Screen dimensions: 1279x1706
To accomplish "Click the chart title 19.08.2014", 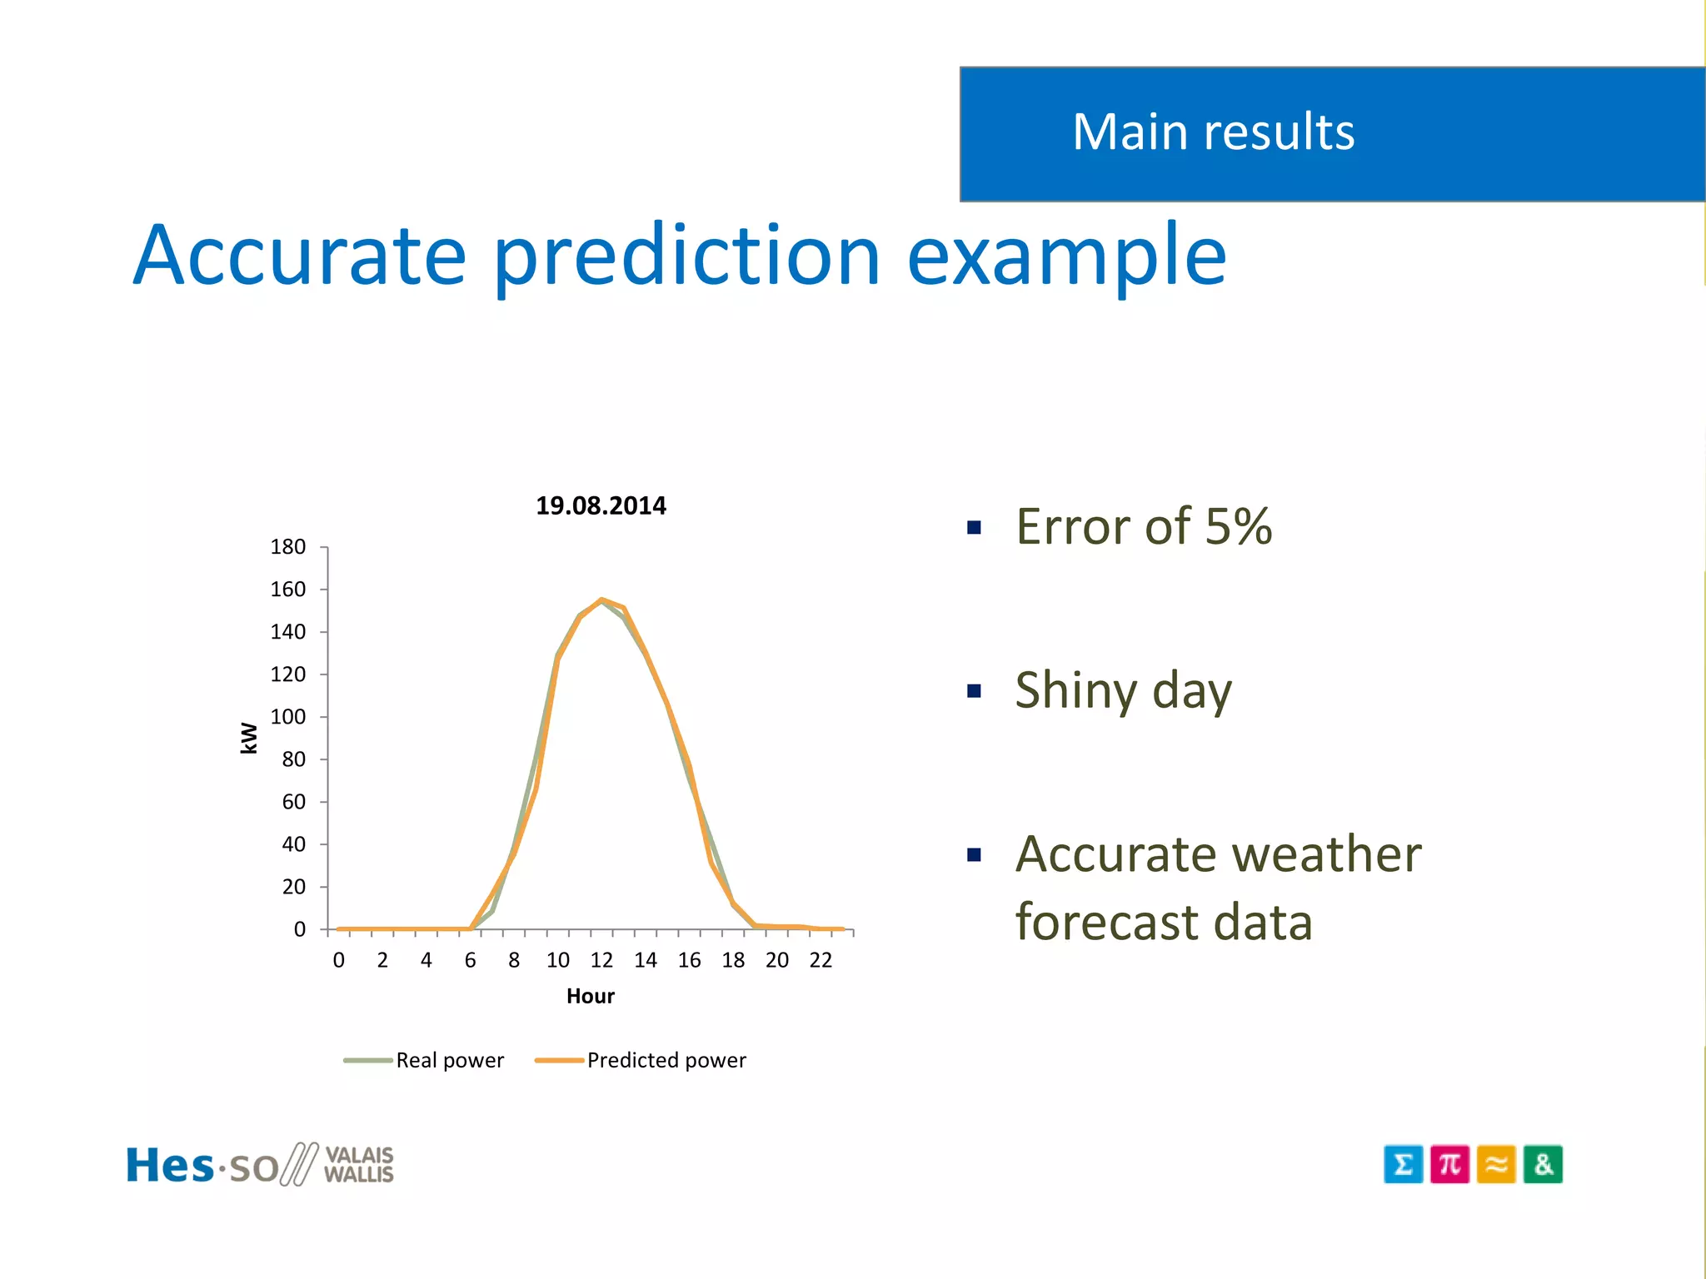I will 601,505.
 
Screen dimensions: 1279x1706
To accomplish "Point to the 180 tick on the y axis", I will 288,547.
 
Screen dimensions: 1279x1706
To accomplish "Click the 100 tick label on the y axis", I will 288,717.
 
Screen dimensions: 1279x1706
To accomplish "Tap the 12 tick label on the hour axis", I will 601,960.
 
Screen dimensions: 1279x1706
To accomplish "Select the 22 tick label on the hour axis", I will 821,960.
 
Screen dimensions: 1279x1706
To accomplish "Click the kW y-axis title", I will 249,738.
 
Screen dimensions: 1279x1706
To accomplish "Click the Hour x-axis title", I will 590,996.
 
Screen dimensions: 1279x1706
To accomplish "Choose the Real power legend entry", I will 425,1060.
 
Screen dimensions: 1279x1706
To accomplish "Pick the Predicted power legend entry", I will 641,1060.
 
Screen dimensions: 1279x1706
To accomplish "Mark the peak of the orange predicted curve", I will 601,599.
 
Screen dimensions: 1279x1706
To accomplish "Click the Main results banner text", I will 1213,132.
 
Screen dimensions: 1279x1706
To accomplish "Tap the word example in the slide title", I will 1066,258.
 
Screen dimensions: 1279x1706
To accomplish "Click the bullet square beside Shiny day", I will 974,691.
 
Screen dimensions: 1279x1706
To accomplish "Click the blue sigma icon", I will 1403,1164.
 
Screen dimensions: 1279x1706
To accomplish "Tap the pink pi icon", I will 1449,1164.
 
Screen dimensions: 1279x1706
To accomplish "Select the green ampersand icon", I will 1543,1164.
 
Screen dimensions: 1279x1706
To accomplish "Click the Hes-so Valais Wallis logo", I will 260,1164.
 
